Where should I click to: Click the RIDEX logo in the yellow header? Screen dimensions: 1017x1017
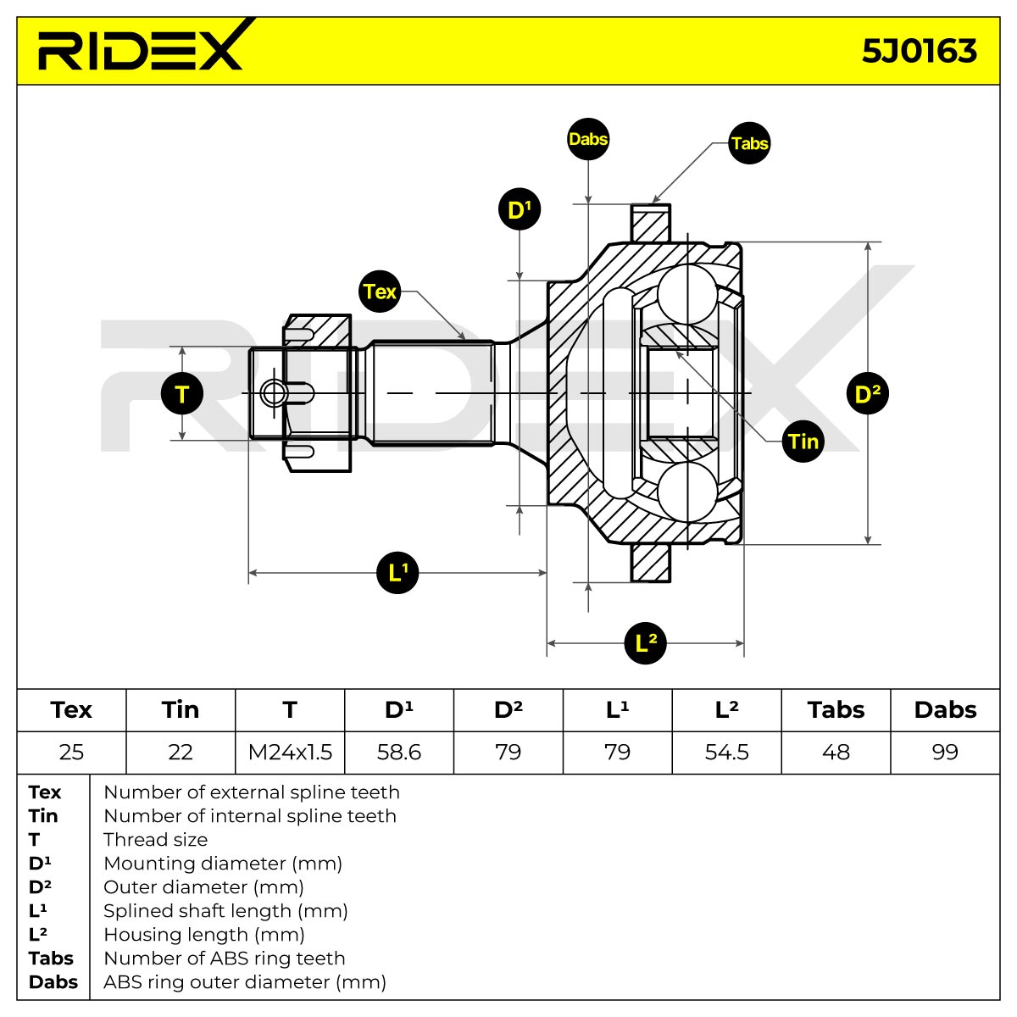click(141, 46)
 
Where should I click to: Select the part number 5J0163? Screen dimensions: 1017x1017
click(919, 51)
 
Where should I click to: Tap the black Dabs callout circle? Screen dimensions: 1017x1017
click(588, 139)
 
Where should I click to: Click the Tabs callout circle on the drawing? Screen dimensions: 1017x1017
click(749, 142)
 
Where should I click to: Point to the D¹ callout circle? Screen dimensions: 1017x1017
click(520, 209)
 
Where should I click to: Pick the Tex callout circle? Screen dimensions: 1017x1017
click(380, 292)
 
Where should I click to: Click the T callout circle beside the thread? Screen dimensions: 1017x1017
click(182, 393)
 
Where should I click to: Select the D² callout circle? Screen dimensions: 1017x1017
click(867, 393)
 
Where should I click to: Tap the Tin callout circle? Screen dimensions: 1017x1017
click(803, 442)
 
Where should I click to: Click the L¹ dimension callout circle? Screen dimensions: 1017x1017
click(397, 572)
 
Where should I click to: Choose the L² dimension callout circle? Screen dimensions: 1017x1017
click(645, 642)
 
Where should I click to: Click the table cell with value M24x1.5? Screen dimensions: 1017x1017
click(290, 752)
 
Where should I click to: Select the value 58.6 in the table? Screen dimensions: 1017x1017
click(399, 752)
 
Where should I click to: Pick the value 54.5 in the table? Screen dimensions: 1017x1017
click(726, 752)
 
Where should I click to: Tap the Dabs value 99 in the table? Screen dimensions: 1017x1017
click(945, 752)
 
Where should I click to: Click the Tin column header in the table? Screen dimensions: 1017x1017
click(181, 710)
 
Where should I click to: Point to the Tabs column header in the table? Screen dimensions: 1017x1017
click(836, 710)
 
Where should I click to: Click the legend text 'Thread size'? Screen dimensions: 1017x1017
click(156, 839)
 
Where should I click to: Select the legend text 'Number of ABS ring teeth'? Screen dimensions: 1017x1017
click(225, 958)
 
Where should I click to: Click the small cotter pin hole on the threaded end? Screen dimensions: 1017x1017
click(274, 393)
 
